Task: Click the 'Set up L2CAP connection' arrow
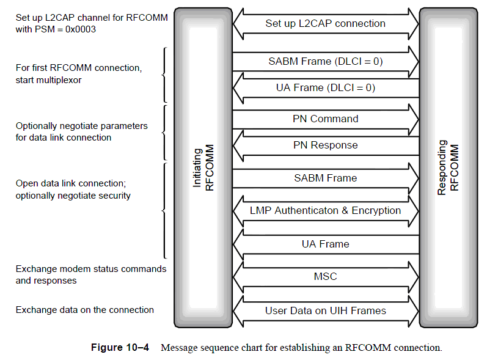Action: click(x=325, y=24)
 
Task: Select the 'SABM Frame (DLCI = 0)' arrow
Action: click(x=325, y=62)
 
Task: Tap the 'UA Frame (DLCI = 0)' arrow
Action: click(x=325, y=88)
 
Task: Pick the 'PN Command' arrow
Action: click(x=325, y=119)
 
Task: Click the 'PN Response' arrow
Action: click(x=325, y=145)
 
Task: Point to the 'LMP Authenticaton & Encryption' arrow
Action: click(x=325, y=211)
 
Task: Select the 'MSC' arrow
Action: click(x=325, y=277)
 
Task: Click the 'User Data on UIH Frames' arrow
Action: click(x=325, y=310)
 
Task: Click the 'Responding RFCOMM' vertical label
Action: click(x=449, y=168)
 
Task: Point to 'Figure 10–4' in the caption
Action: click(x=120, y=348)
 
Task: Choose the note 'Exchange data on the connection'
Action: click(x=84, y=310)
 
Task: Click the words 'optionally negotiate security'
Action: click(x=73, y=196)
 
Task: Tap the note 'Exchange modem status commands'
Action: click(x=90, y=269)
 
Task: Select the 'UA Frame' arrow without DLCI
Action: click(x=325, y=244)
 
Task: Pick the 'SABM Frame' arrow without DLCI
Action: click(x=325, y=178)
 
